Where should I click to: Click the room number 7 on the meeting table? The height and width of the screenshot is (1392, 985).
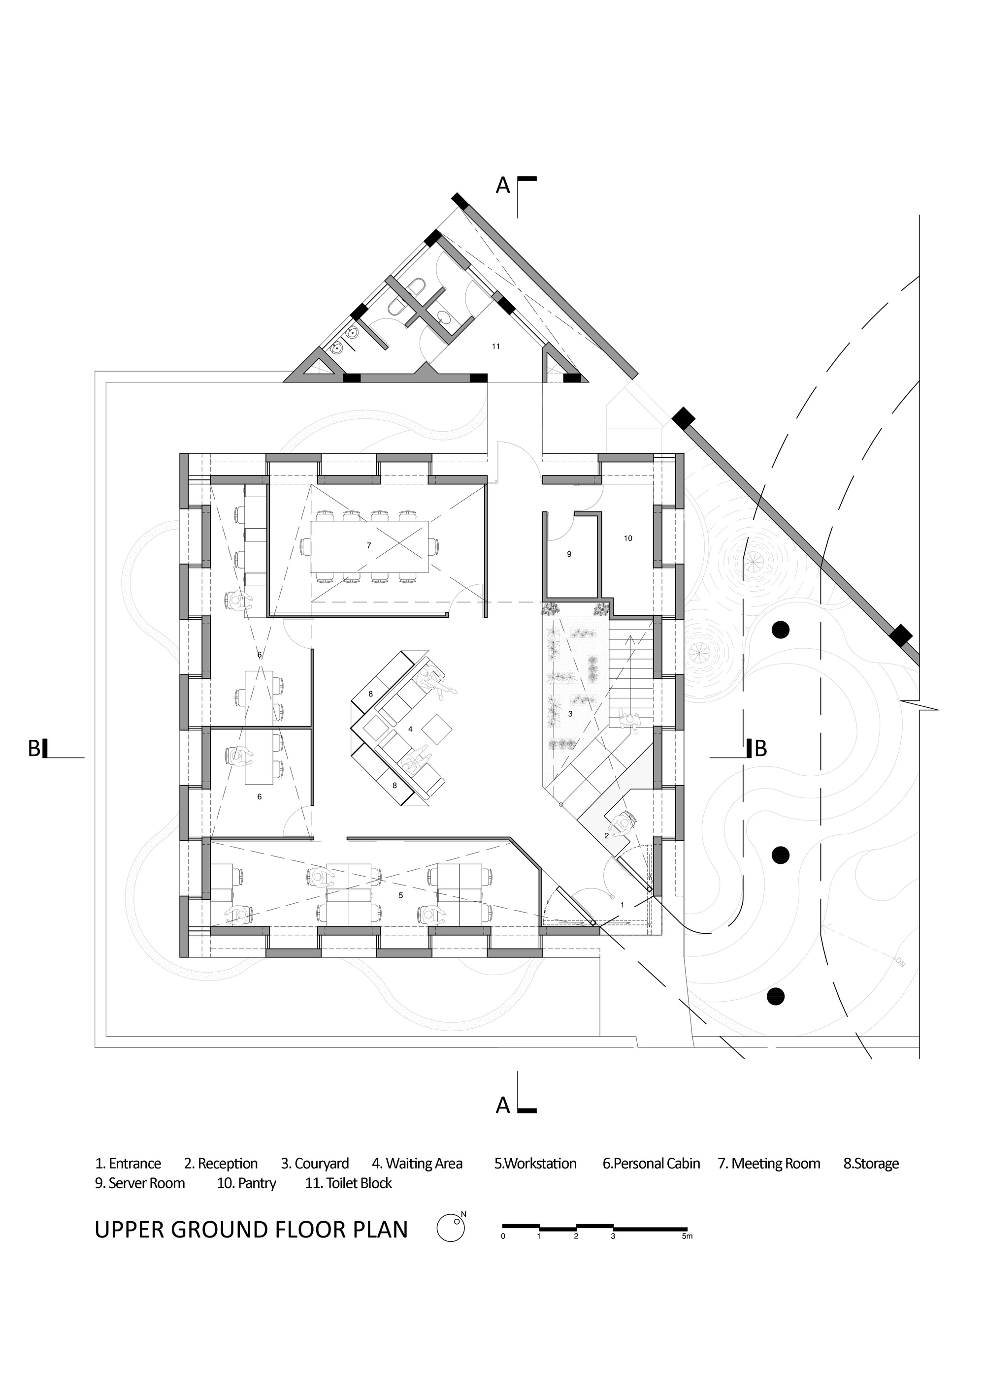pos(369,546)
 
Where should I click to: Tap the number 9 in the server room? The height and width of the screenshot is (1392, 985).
pos(569,554)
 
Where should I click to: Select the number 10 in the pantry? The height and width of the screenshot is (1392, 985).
pos(628,538)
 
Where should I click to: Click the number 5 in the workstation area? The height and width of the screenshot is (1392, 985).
pos(400,895)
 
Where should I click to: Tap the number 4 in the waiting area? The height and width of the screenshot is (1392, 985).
pos(411,729)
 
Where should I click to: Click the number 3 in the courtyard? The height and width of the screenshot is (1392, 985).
pos(570,714)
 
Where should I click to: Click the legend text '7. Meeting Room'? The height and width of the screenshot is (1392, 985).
pos(769,1164)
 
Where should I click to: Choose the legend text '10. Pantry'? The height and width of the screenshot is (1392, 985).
pos(246,1183)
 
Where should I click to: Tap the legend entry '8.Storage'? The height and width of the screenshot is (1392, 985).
pos(871,1164)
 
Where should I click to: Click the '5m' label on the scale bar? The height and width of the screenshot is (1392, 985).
pos(687,1236)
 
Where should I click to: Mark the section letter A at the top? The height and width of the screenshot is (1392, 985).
pos(503,186)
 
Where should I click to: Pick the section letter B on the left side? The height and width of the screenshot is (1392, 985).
pos(34,749)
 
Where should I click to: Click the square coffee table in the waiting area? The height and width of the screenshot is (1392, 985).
pos(437,729)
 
